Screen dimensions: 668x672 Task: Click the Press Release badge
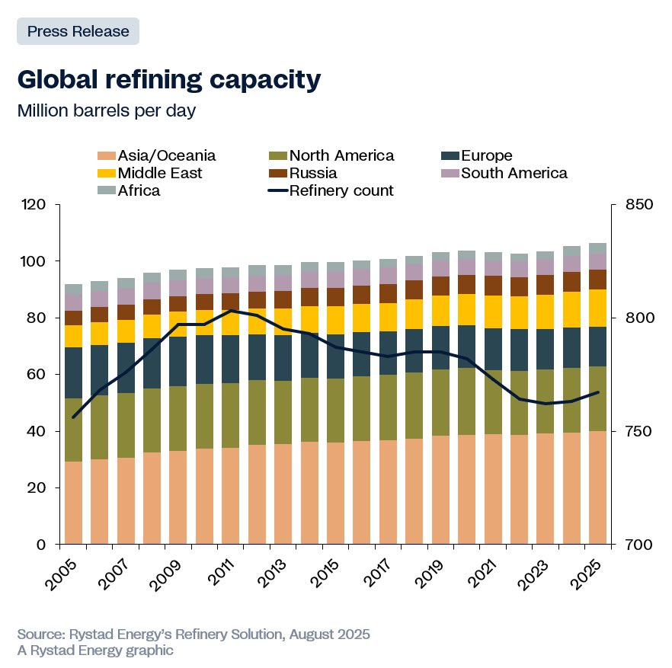coord(78,31)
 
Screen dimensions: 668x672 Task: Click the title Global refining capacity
coord(168,80)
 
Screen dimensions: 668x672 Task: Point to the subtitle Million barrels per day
coord(107,110)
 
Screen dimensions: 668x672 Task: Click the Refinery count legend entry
coord(341,190)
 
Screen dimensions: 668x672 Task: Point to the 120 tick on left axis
coord(35,205)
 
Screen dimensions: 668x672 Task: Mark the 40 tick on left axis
coord(39,431)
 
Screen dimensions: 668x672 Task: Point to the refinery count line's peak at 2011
coord(231,311)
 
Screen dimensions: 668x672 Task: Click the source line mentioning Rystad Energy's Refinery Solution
coord(194,634)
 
